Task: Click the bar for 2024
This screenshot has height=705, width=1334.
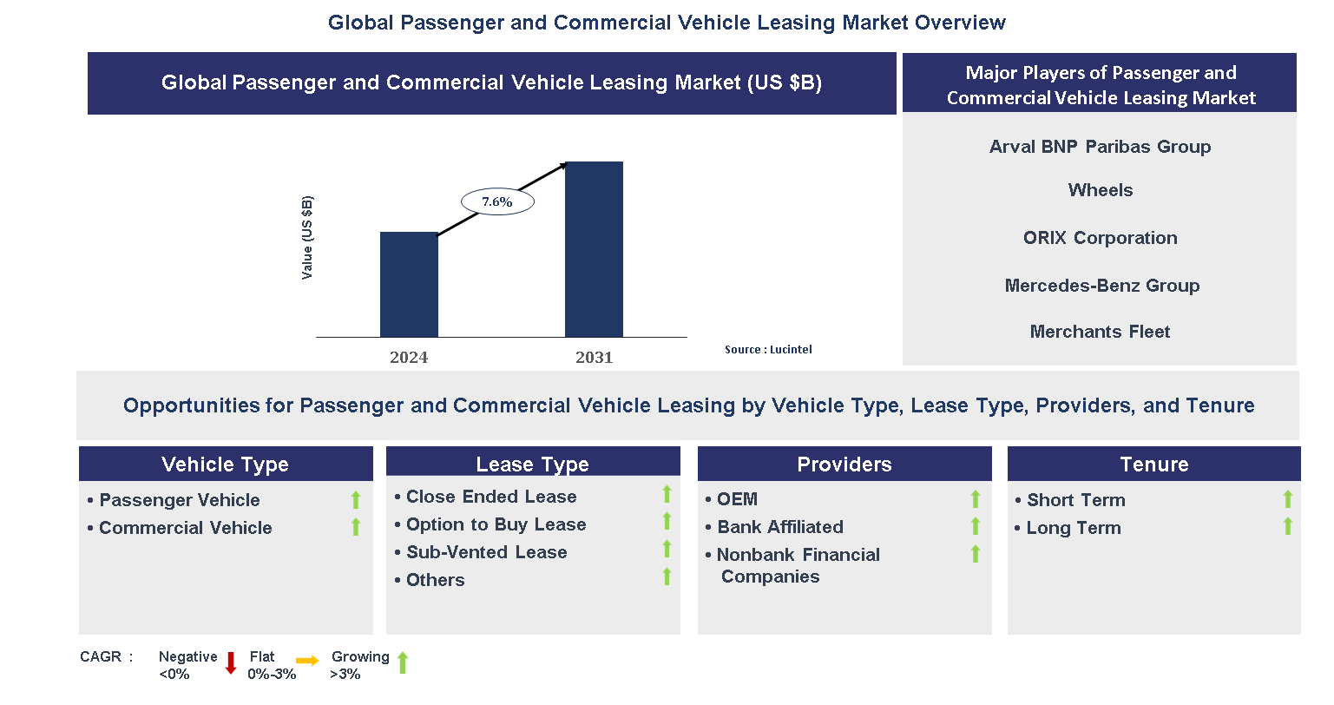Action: [x=409, y=284]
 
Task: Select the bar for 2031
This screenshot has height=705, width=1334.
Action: [x=594, y=249]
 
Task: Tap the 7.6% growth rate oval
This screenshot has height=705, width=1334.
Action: [x=497, y=202]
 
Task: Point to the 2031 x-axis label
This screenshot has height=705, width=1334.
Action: [x=594, y=358]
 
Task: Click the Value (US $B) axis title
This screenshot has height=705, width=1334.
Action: [x=307, y=238]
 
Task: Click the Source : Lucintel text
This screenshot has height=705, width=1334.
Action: [x=768, y=350]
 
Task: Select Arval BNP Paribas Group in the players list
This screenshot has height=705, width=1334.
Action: [x=1100, y=147]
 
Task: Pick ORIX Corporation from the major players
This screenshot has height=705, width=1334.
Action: [x=1100, y=238]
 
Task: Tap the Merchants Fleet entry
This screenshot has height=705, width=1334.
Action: [x=1100, y=332]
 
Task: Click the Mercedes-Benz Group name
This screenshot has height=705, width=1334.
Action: [x=1101, y=286]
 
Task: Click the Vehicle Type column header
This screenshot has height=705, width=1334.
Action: [x=226, y=465]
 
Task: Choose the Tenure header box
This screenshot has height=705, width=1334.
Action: [x=1153, y=465]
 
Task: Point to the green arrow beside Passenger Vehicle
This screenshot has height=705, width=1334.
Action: [x=356, y=500]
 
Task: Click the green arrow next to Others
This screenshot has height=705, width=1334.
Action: [x=667, y=577]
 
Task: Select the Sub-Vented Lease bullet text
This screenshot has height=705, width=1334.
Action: [x=486, y=552]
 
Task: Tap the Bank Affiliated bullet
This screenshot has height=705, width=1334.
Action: [x=779, y=527]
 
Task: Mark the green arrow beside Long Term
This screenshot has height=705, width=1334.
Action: [x=1287, y=526]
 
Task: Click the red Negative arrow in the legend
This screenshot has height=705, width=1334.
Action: [x=231, y=663]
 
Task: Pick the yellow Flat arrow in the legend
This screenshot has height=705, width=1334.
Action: [x=307, y=662]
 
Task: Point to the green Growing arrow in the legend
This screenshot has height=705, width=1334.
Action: [x=403, y=663]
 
